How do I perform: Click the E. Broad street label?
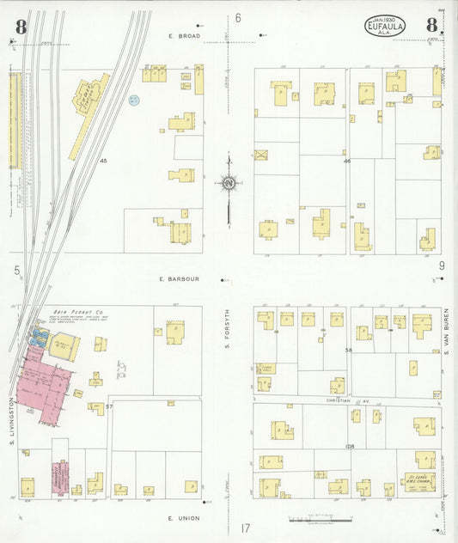184,36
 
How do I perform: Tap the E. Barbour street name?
179,279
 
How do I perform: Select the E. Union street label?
183,518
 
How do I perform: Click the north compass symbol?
229,183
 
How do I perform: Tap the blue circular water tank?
133,101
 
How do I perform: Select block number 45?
103,161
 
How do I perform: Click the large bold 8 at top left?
20,27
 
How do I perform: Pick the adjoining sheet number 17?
245,528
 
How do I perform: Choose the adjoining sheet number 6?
238,18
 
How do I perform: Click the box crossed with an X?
261,156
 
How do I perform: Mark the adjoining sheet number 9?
442,266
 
